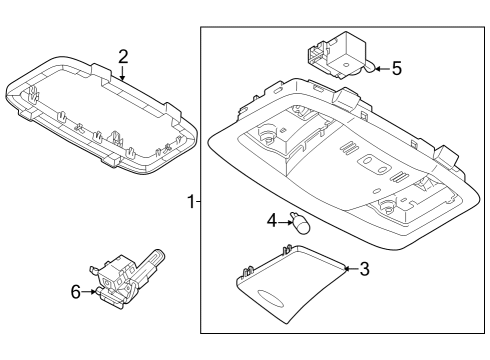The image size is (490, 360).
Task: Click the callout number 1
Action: [x=190, y=202]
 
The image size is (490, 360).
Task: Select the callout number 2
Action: [x=122, y=56]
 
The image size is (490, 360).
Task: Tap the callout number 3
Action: [x=364, y=268]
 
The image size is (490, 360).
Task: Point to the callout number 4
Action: [x=271, y=220]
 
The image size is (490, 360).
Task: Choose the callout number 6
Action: [x=73, y=292]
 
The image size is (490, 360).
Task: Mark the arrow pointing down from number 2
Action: [x=122, y=72]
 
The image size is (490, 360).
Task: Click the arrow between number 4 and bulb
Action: [x=284, y=221]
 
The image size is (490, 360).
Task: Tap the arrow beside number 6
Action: [x=90, y=292]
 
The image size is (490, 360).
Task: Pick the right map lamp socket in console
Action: [x=390, y=207]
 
